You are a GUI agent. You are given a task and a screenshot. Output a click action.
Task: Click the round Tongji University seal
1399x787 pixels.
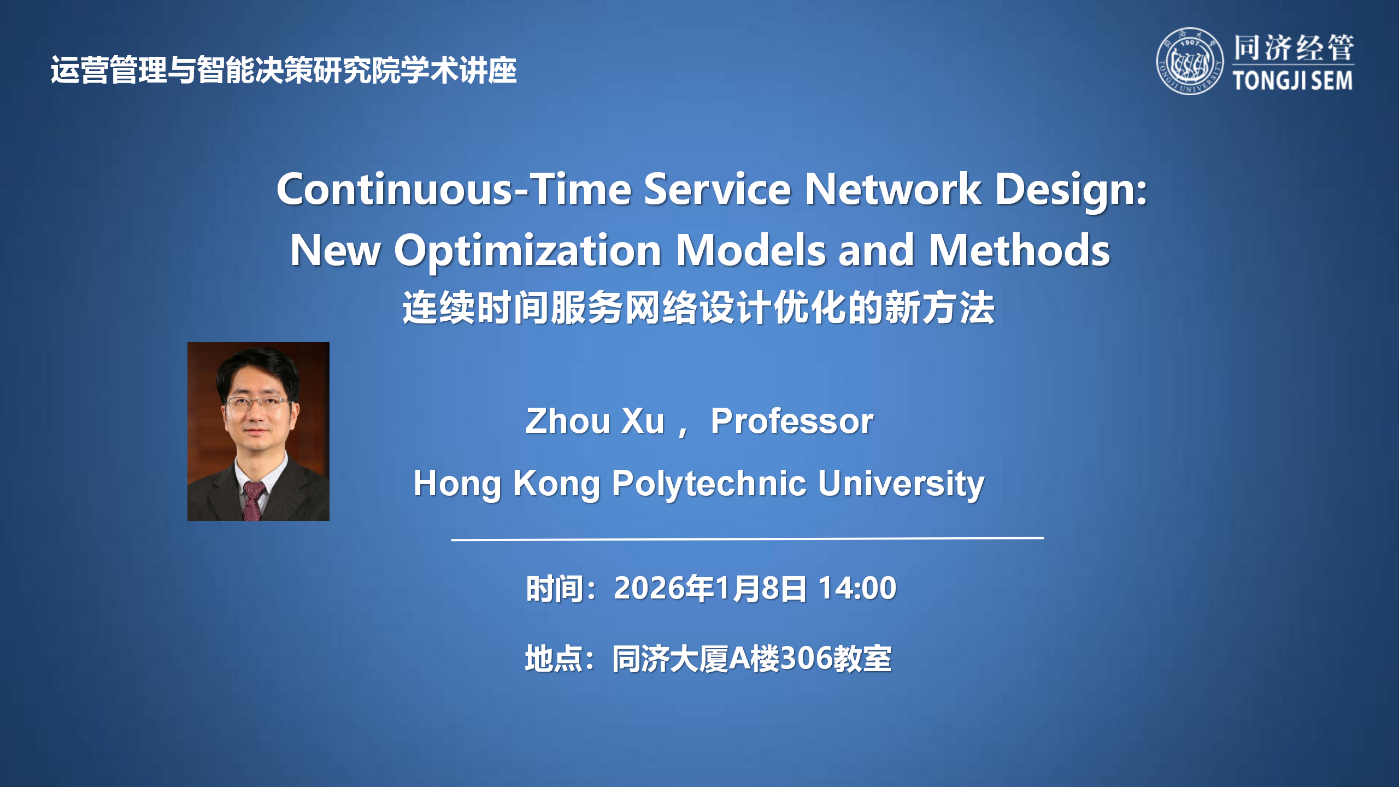tap(1190, 61)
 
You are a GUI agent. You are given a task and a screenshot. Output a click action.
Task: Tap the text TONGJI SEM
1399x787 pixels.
tap(1293, 81)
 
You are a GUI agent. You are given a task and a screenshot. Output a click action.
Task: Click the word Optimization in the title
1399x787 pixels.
tap(528, 250)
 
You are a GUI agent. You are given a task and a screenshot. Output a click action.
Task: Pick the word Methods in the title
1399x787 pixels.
tap(1019, 250)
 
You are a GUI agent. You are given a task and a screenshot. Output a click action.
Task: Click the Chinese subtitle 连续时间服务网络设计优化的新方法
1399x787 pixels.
tap(698, 308)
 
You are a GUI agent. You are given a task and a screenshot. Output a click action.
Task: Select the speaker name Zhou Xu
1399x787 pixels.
tap(595, 421)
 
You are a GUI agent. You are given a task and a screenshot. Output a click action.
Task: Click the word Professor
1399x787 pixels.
tap(792, 421)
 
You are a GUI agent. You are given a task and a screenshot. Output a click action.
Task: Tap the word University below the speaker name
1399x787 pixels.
tap(901, 484)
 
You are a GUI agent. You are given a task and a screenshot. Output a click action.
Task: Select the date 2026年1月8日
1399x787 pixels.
tap(710, 588)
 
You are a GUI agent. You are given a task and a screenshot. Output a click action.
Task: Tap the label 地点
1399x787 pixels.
tap(553, 658)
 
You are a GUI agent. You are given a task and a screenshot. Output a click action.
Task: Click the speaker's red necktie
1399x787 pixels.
tap(253, 500)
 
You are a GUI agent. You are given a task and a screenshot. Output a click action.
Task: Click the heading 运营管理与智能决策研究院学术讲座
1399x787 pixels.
tap(284, 71)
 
